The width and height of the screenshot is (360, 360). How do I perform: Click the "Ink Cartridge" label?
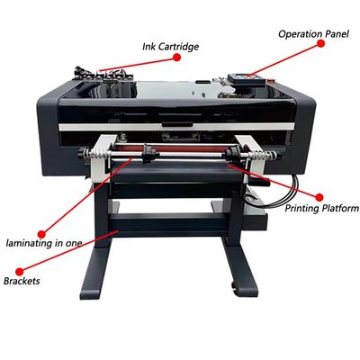(170, 47)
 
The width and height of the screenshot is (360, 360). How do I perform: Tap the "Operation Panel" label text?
(313, 34)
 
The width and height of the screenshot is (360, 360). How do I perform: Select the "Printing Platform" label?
(321, 208)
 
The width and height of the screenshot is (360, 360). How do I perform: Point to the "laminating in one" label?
(44, 243)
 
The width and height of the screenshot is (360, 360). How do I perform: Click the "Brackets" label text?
(22, 281)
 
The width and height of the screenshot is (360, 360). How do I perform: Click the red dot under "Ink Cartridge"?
(176, 57)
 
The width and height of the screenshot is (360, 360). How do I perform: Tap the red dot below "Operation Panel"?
(320, 43)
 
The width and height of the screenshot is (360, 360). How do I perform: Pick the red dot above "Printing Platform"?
(319, 197)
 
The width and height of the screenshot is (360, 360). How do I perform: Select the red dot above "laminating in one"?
(41, 234)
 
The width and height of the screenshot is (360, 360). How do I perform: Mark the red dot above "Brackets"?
(20, 272)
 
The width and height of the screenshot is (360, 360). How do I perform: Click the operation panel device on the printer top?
(247, 80)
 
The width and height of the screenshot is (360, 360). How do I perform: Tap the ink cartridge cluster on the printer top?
(101, 74)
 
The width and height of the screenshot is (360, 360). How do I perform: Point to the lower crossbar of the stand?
(168, 223)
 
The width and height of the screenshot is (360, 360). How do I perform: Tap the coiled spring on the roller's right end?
(265, 155)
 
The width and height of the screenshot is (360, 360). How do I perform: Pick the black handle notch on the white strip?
(177, 124)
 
